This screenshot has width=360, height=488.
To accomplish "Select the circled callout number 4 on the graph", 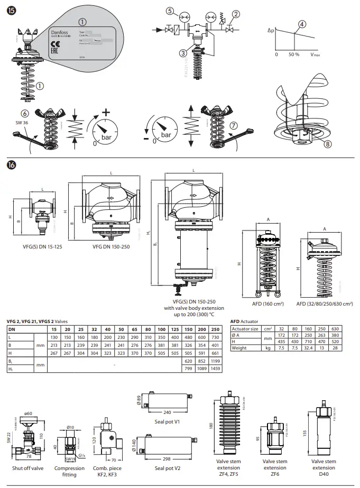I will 302,24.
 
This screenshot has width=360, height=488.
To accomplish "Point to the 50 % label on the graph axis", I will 294,54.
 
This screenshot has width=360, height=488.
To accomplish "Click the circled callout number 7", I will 234,125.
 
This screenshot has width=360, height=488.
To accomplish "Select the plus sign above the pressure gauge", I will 106,112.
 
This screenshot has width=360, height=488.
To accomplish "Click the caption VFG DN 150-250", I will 112,247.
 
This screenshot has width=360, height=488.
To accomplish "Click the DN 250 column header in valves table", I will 215,329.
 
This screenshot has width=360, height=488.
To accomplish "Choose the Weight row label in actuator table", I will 241,347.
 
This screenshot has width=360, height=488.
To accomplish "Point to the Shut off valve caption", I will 28,468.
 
